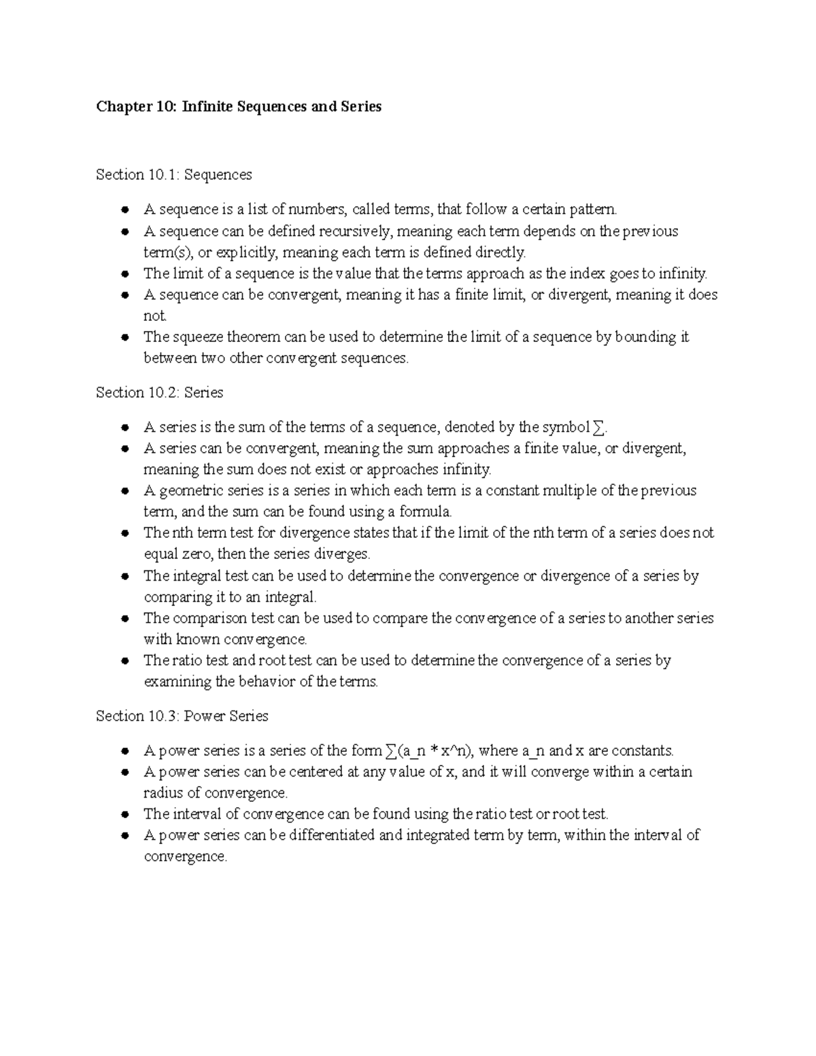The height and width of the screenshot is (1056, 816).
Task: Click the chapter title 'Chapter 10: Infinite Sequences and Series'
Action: [x=239, y=107]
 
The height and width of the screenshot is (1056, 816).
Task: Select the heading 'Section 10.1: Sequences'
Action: [x=173, y=175]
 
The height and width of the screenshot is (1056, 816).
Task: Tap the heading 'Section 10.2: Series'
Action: [x=159, y=392]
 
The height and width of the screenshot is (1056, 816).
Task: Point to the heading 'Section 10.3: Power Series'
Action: [x=182, y=716]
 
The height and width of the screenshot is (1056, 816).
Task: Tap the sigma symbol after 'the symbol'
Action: [x=598, y=428]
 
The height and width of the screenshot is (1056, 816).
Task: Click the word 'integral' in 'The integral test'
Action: [x=197, y=576]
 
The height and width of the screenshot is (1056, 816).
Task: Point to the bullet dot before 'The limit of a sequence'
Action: [x=124, y=274]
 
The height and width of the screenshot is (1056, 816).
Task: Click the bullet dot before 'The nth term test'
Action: [x=124, y=533]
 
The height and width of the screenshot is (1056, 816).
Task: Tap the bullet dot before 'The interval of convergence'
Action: [x=124, y=814]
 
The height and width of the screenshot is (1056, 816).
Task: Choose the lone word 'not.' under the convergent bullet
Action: [x=155, y=316]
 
